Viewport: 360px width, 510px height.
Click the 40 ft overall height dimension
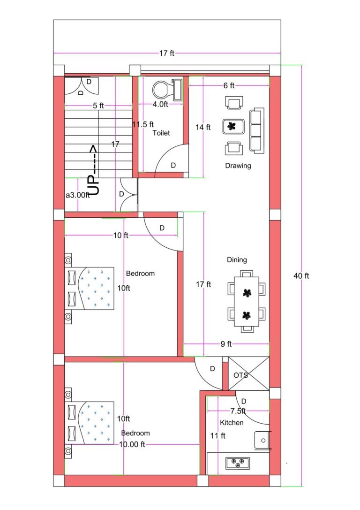click(x=301, y=276)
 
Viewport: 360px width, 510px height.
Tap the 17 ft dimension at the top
click(x=166, y=53)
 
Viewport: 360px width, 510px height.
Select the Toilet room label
click(x=161, y=133)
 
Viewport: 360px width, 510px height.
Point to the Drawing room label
click(x=238, y=166)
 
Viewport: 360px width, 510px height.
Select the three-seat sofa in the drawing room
click(x=256, y=129)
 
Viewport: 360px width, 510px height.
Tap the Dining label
click(x=237, y=260)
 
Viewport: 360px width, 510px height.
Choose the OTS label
click(x=240, y=375)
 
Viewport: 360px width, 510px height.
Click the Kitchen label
click(x=232, y=423)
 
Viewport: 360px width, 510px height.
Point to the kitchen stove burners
click(x=238, y=463)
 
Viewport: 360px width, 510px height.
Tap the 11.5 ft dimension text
click(x=143, y=124)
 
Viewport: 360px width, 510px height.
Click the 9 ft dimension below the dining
click(x=226, y=344)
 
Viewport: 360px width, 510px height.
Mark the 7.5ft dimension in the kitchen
click(x=238, y=411)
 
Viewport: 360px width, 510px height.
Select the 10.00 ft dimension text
click(x=132, y=444)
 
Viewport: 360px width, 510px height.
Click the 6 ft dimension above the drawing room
click(x=229, y=85)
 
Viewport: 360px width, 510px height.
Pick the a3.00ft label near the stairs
click(x=77, y=195)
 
